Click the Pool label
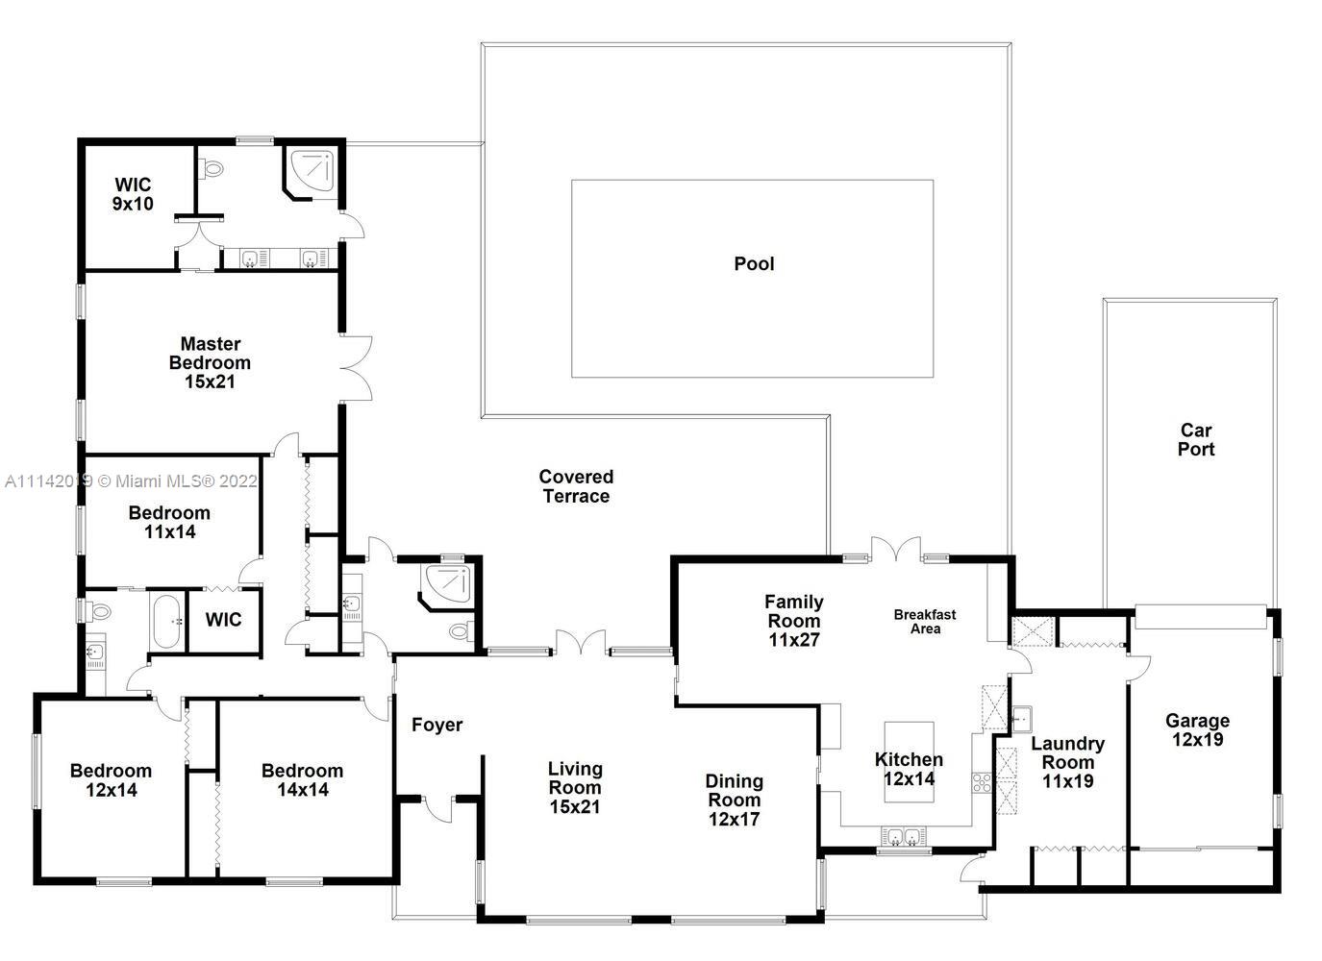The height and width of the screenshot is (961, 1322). click(754, 263)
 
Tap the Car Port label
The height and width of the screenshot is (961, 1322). click(1196, 439)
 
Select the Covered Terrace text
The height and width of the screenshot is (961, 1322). click(576, 486)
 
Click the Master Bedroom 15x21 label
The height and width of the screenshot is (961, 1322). click(211, 363)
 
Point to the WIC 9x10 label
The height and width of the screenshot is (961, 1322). click(133, 194)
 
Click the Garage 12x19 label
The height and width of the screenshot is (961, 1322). click(1197, 729)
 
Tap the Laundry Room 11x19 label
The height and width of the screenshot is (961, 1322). click(1067, 762)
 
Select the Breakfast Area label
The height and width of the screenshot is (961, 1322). click(925, 622)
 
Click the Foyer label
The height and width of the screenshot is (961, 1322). click(437, 725)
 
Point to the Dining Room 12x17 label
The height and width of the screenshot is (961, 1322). click(735, 800)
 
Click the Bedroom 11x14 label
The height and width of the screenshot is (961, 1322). click(169, 522)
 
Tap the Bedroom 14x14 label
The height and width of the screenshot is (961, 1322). click(302, 780)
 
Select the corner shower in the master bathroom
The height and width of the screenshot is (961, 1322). click(311, 171)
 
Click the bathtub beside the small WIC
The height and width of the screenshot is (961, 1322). click(167, 622)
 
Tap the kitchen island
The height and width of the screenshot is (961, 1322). click(909, 762)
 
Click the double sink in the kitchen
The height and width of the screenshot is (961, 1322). click(904, 836)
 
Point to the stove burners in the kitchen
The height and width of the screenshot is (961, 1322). click(982, 783)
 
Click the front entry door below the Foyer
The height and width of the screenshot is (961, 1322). click(437, 809)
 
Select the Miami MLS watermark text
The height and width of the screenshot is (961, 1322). click(131, 481)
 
